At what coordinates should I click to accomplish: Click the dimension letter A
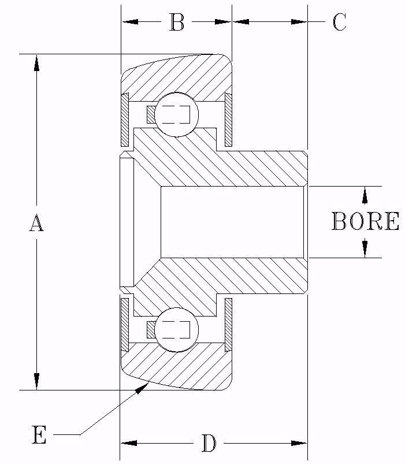[x=36, y=222]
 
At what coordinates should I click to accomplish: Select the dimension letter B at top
[x=177, y=23]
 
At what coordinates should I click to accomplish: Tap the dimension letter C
[x=339, y=23]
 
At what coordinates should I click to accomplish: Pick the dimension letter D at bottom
[x=209, y=444]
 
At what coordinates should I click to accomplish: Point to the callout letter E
[x=39, y=434]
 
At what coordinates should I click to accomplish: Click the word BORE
[x=365, y=222]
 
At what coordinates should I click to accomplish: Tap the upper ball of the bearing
[x=177, y=114]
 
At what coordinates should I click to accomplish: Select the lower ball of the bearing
[x=177, y=329]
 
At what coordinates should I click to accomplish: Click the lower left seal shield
[x=124, y=324]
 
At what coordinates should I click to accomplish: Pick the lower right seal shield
[x=228, y=324]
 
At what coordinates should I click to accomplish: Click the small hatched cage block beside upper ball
[x=151, y=114]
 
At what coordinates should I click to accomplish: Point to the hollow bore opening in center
[x=231, y=222]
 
